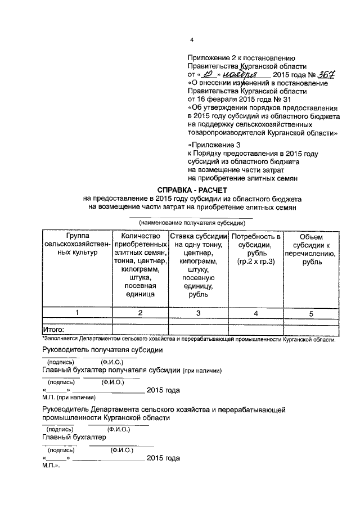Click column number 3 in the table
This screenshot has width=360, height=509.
click(x=198, y=313)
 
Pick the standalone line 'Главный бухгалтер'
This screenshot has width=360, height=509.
click(x=74, y=436)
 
